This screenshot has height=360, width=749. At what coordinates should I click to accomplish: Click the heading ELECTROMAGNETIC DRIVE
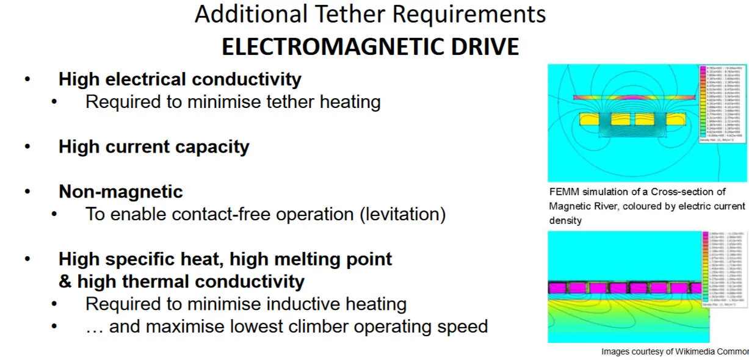370,47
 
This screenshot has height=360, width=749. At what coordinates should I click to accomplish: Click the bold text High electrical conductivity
179,79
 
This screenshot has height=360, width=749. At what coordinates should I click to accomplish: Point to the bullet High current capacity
154,146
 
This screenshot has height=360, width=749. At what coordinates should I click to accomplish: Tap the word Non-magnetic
120,192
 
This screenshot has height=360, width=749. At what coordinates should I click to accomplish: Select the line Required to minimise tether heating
233,102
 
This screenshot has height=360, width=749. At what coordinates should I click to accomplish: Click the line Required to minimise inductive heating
245,303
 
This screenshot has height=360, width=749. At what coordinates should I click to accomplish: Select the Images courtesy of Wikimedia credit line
675,351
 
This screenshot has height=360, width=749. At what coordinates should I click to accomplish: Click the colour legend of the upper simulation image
723,103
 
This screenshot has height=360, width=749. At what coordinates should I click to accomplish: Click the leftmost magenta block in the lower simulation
559,287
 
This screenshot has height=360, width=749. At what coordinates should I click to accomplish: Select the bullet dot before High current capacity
26,146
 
